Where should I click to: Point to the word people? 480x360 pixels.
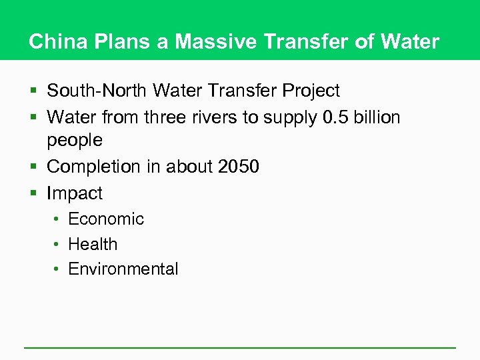[x=75, y=141]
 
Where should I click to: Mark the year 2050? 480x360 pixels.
[x=238, y=167]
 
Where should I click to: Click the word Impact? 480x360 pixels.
[x=75, y=194]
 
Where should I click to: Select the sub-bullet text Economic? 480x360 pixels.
[x=106, y=219]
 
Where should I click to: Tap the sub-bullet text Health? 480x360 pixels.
[x=93, y=245]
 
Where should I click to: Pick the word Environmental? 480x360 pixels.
[x=123, y=269]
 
